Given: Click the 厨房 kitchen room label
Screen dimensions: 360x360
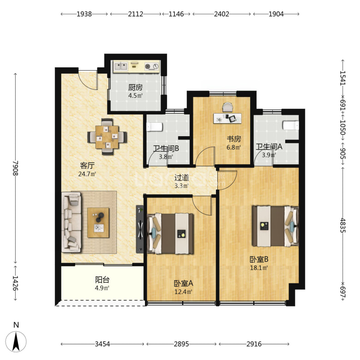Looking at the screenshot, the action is click(x=135, y=88).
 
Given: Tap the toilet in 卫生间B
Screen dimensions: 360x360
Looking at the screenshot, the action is click(x=154, y=127).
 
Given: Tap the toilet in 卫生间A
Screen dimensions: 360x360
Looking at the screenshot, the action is click(x=291, y=126).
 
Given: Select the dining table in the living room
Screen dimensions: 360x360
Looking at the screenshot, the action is click(x=107, y=137).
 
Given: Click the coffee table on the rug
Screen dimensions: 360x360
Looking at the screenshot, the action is click(x=98, y=223).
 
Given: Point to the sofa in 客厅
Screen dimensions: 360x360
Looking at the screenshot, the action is click(x=72, y=222).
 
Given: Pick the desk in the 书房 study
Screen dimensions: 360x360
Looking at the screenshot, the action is click(x=227, y=118).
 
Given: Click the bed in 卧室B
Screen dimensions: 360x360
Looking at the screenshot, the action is click(x=275, y=226).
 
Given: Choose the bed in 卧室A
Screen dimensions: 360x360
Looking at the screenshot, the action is click(x=170, y=234).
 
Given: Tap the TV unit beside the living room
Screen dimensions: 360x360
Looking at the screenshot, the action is click(x=140, y=229).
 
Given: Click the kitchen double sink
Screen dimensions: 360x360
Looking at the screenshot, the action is click(x=121, y=66).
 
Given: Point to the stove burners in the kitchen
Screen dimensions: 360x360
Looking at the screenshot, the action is click(x=151, y=66).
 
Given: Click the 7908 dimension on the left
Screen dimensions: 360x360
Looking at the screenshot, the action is click(x=15, y=168).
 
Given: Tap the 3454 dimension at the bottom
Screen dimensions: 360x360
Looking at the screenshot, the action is click(x=102, y=344).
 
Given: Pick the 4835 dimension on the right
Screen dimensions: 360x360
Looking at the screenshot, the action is click(x=342, y=225).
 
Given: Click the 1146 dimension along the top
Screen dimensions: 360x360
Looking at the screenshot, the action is click(x=176, y=14).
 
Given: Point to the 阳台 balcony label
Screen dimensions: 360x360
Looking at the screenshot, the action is click(x=102, y=280).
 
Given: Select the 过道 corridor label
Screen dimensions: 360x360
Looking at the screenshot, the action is click(x=181, y=178).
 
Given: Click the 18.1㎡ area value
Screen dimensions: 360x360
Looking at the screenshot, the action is click(x=259, y=268).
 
